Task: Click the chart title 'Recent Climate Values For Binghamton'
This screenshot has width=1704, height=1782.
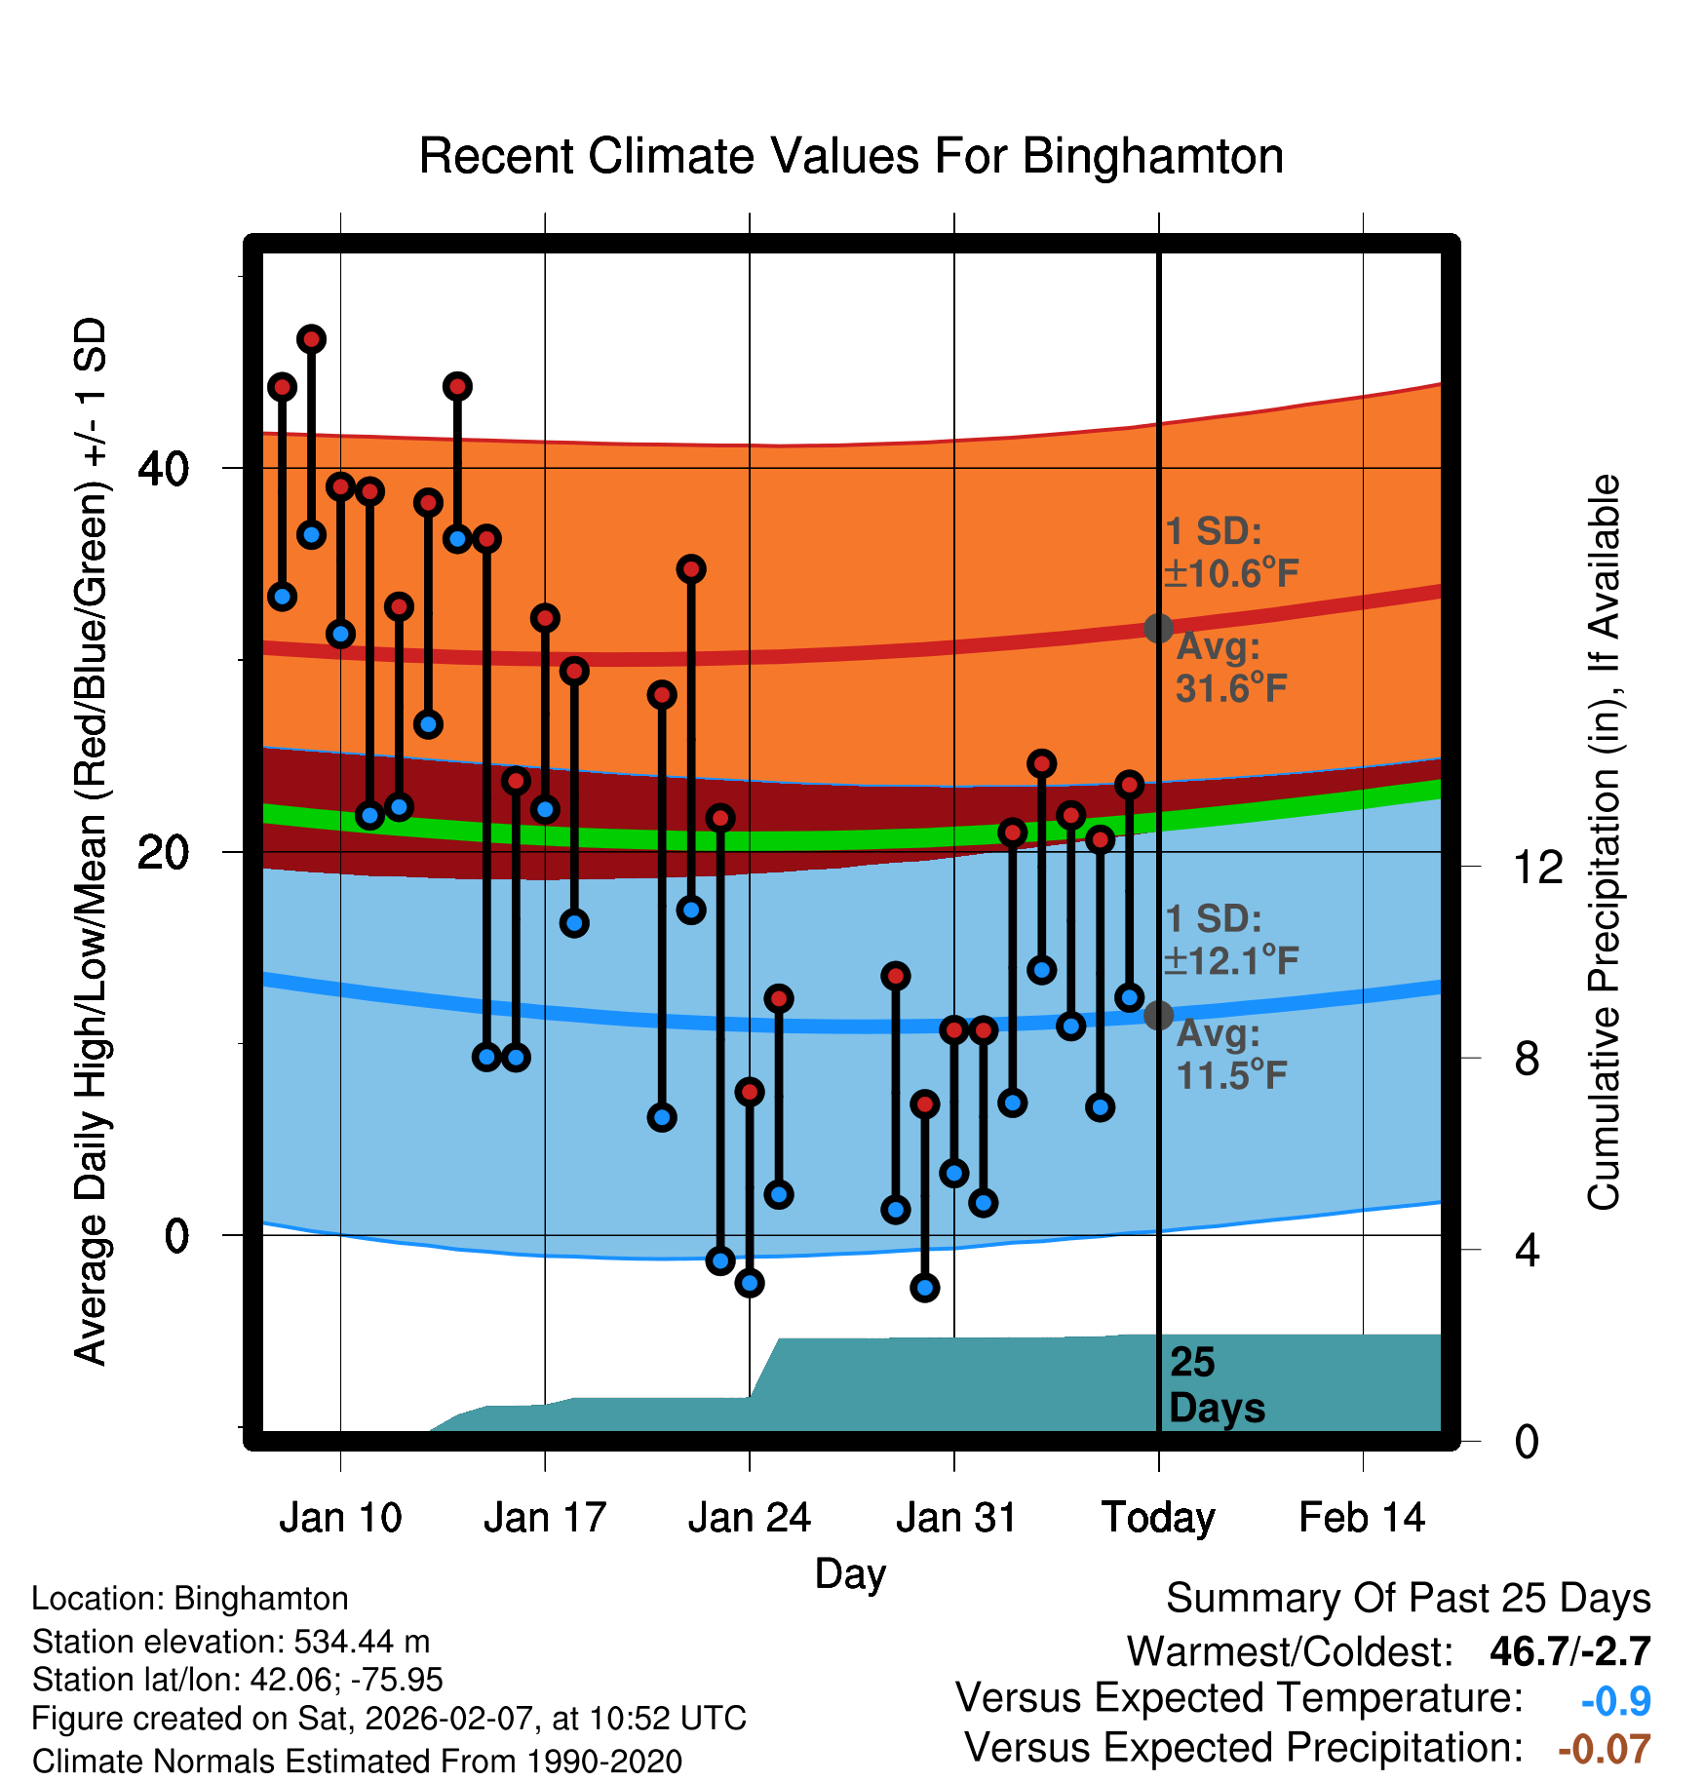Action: click(x=851, y=157)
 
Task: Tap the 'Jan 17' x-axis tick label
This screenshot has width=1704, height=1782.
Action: click(x=545, y=1518)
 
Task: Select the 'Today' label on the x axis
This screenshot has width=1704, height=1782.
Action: click(x=1158, y=1518)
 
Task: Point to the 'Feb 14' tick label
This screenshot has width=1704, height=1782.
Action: click(x=1362, y=1518)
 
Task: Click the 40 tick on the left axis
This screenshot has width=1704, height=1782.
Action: click(x=163, y=469)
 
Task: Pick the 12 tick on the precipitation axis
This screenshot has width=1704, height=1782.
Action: click(x=1537, y=867)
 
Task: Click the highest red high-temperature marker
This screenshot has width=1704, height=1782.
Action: click(x=311, y=339)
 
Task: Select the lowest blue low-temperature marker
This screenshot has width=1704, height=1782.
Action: click(x=925, y=1288)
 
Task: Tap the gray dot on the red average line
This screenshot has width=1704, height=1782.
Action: click(x=1158, y=628)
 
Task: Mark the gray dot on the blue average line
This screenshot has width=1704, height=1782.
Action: click(x=1158, y=1015)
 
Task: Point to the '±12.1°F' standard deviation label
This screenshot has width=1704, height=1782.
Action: click(x=1232, y=961)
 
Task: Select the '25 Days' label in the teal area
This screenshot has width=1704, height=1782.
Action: click(x=1216, y=1385)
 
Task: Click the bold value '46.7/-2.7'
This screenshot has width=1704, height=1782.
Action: click(x=1569, y=1651)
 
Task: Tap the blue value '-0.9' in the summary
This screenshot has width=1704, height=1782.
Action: click(x=1615, y=1701)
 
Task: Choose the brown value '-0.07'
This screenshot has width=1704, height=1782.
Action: click(x=1604, y=1749)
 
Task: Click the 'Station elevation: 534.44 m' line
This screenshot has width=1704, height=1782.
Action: click(x=231, y=1642)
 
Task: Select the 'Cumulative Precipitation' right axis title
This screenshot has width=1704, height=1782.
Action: click(x=1604, y=842)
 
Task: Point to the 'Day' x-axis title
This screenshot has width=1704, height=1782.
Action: click(x=850, y=1573)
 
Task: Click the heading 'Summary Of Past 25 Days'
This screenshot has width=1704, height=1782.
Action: click(x=1408, y=1599)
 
